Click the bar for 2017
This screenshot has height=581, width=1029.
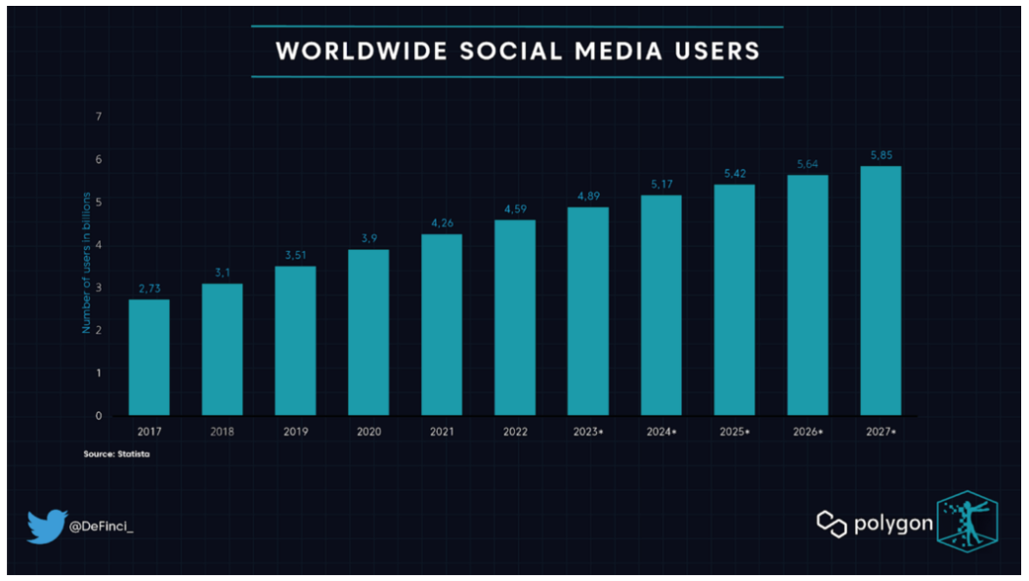(149, 356)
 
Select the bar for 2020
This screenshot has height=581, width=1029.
(368, 332)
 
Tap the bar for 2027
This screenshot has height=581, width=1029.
(880, 290)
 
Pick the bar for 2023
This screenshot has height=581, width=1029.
(588, 311)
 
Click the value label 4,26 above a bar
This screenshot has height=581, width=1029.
(442, 224)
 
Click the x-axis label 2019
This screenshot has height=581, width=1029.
(295, 431)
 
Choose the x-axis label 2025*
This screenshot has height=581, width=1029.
(734, 431)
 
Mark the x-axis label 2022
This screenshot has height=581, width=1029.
(515, 431)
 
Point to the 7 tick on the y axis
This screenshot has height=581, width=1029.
(99, 117)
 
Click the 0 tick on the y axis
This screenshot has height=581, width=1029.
(99, 415)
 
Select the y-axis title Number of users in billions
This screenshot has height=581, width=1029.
(86, 262)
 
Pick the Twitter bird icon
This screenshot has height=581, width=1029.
(46, 526)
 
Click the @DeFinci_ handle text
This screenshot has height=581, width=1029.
(102, 527)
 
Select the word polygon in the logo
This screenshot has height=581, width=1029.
(892, 523)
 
